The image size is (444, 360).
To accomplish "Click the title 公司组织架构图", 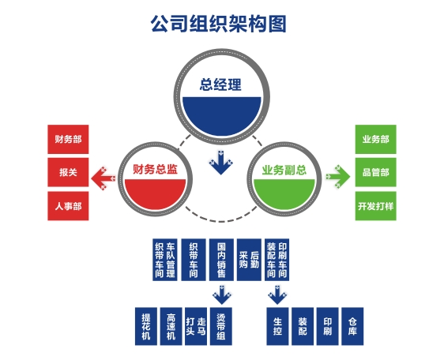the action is (218, 24).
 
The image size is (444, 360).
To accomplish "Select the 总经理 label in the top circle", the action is (221, 84).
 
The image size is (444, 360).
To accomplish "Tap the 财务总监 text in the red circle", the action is (155, 169).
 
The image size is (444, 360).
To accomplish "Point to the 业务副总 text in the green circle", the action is (284, 170).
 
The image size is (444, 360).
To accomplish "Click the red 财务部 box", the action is (68, 139).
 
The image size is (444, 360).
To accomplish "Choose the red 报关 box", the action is (68, 172).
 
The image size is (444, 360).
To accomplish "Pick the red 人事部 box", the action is (68, 206).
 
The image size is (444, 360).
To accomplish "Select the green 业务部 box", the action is (376, 139).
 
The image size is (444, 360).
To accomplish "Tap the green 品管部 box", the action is (376, 172).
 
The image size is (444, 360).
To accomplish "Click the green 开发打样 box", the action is (376, 206).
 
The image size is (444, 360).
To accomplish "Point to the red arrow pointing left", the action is (103, 178).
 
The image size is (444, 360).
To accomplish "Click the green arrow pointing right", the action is (338, 176).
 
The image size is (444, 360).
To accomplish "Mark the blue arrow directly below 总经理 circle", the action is (221, 163).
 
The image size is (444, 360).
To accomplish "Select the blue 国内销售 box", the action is (221, 260).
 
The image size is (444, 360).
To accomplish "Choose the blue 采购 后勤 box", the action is (249, 260).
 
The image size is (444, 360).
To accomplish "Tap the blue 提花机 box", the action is (146, 326).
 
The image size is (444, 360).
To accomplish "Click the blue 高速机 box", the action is (171, 326).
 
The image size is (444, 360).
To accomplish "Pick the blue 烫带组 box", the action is (221, 326).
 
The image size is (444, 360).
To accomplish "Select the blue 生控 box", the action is (277, 326).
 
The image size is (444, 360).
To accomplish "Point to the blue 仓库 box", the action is (352, 326).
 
